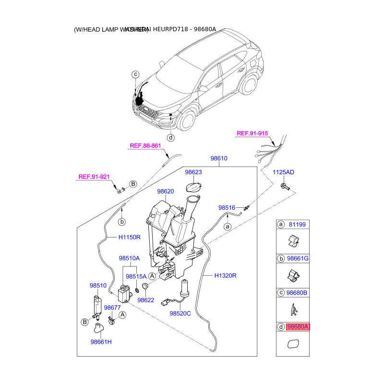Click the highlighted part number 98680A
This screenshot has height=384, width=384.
[298, 327]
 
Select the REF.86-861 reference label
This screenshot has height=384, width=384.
[144, 146]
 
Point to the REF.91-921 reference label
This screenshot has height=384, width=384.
[94, 177]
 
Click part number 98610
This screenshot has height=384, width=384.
[219, 158]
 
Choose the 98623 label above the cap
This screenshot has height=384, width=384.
[194, 171]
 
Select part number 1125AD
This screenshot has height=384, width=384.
[284, 172]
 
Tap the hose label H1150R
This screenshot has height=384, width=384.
[130, 237]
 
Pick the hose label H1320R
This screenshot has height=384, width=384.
[226, 276]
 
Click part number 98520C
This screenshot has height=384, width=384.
[180, 313]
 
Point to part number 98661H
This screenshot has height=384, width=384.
[101, 342]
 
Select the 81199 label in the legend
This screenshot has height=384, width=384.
[297, 224]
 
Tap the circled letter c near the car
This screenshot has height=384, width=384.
[135, 74]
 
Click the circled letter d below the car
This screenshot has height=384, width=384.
[171, 138]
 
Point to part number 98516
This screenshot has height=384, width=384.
[227, 208]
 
